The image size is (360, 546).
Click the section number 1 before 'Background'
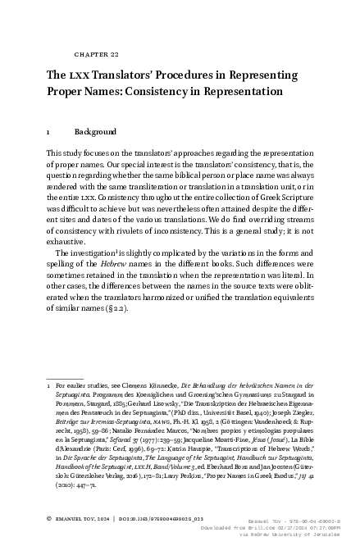49,131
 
